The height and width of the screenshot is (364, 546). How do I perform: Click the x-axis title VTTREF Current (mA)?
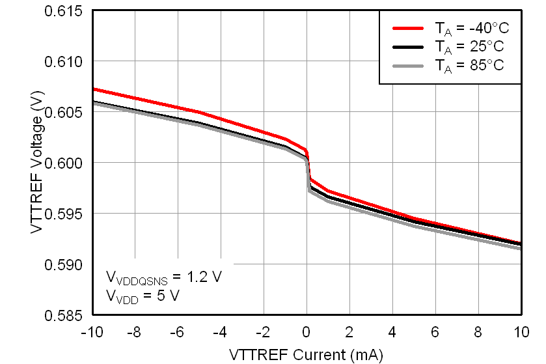(x=306, y=354)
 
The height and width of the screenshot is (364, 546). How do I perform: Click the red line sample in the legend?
(x=407, y=29)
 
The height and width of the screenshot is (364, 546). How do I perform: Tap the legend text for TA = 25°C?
(x=469, y=47)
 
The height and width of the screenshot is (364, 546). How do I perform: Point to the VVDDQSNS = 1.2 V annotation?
(x=164, y=277)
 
